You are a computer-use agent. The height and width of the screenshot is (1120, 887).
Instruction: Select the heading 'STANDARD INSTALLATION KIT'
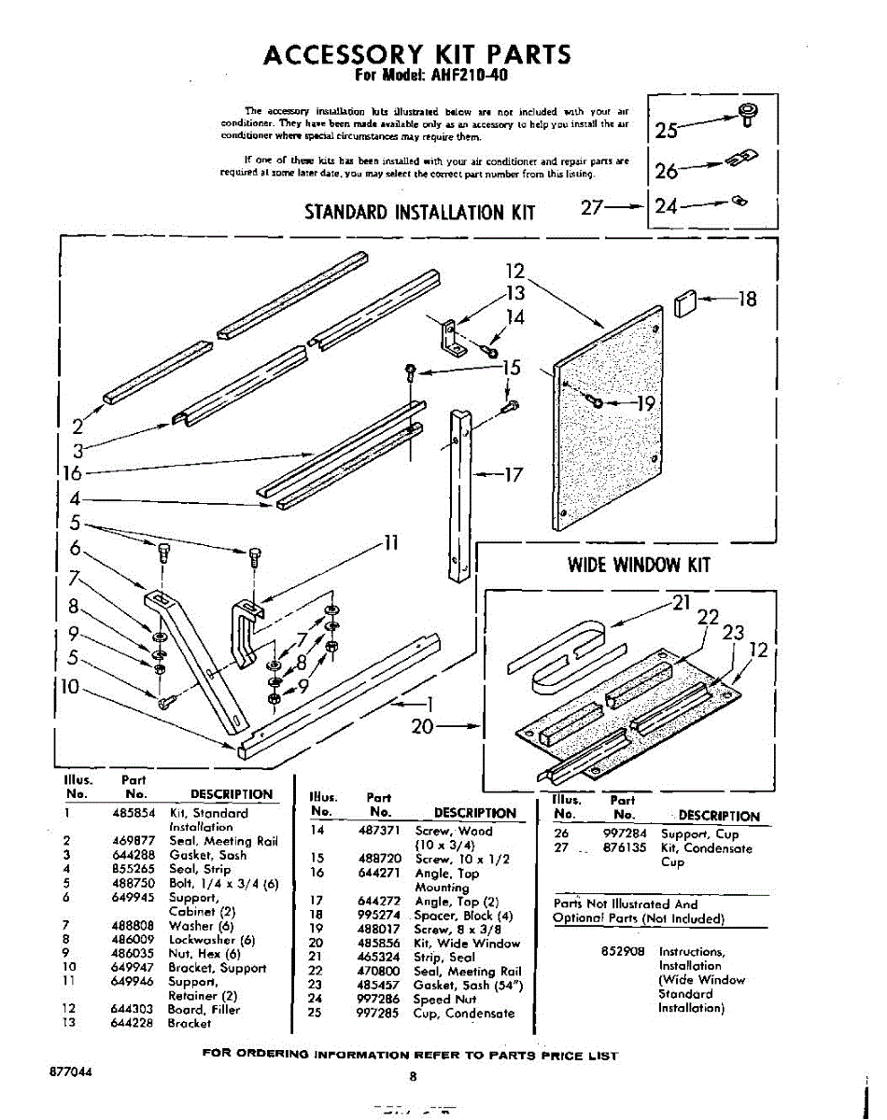click(x=420, y=212)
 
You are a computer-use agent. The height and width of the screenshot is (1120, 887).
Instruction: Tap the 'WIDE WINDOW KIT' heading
click(x=639, y=565)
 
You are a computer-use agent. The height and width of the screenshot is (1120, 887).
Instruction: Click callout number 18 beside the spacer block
click(x=747, y=300)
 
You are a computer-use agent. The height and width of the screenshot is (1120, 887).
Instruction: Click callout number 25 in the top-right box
click(x=668, y=130)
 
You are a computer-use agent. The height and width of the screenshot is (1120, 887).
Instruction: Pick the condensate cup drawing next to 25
click(x=747, y=116)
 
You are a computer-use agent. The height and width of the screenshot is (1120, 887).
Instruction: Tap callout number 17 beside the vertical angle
click(x=513, y=474)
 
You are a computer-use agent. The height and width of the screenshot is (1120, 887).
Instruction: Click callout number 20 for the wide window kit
click(x=424, y=726)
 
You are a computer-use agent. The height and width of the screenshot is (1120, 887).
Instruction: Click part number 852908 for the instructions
click(x=620, y=952)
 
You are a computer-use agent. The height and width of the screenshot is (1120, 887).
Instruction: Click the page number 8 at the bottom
click(x=412, y=1076)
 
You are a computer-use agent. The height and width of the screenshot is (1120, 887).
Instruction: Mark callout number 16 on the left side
click(x=71, y=473)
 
